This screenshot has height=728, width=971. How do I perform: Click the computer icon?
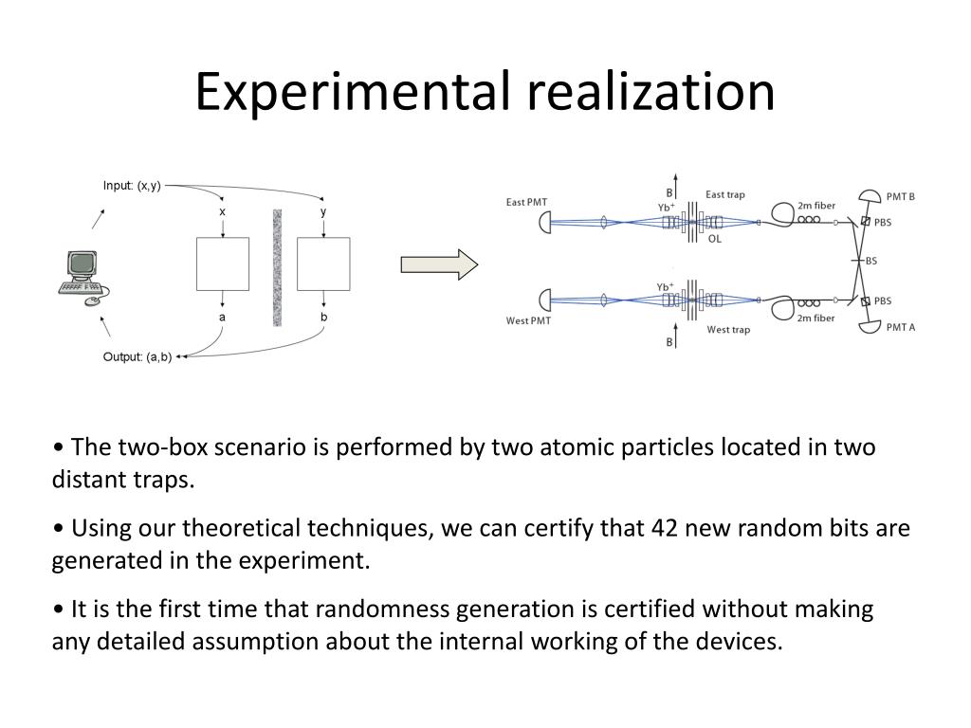click(82, 277)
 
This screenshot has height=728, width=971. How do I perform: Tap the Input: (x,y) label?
click(132, 186)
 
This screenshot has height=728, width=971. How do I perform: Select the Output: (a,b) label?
click(137, 356)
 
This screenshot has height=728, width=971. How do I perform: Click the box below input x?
click(223, 264)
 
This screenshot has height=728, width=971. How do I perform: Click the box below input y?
click(323, 264)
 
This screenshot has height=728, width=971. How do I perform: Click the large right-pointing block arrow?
click(439, 264)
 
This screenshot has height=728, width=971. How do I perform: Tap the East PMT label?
click(527, 202)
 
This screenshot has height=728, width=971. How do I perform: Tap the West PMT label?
click(528, 320)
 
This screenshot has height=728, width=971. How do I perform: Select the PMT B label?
click(900, 197)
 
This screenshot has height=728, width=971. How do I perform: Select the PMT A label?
click(900, 327)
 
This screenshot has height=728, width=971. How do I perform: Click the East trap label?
click(725, 194)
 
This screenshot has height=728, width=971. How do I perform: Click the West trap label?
click(728, 330)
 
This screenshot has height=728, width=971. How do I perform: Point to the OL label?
click(715, 239)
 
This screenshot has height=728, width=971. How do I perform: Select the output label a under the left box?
click(223, 317)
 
